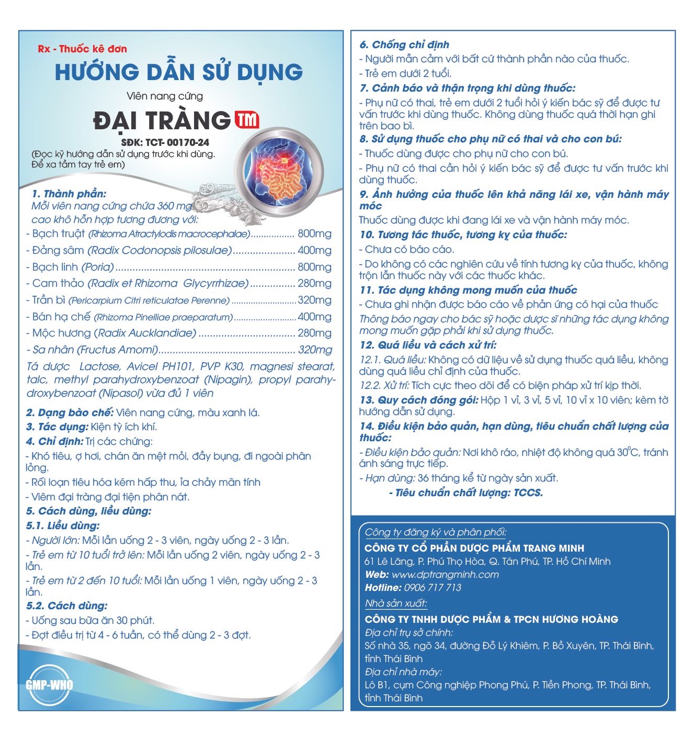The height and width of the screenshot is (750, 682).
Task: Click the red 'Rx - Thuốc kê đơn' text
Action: [x=83, y=49]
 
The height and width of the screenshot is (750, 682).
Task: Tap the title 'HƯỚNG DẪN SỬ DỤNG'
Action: [x=179, y=72]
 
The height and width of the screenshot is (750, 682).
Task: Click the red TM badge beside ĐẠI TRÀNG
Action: [x=247, y=120]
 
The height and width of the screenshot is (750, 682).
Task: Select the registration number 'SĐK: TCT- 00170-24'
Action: [x=165, y=142]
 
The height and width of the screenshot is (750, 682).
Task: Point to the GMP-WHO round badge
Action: [x=49, y=685]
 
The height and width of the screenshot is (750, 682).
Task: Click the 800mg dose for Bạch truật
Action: [x=314, y=234]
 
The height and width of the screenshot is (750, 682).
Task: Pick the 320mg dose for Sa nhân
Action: [x=314, y=350]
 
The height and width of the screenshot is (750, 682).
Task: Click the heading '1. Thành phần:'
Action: [x=69, y=194]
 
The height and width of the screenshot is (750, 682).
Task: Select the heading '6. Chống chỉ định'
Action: [x=404, y=45]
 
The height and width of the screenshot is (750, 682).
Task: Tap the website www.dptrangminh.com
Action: [x=445, y=575]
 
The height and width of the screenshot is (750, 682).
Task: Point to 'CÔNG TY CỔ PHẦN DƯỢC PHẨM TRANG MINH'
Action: [x=474, y=548]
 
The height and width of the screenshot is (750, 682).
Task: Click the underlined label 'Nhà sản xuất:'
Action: [x=396, y=603]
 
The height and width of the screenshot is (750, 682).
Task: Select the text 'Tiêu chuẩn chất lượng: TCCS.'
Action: [x=469, y=492]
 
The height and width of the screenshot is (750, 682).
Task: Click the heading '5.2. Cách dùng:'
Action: [x=67, y=606]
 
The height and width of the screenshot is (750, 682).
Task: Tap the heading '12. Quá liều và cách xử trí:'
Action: [x=428, y=345]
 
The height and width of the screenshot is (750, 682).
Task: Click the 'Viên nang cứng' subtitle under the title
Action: [x=165, y=96]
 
